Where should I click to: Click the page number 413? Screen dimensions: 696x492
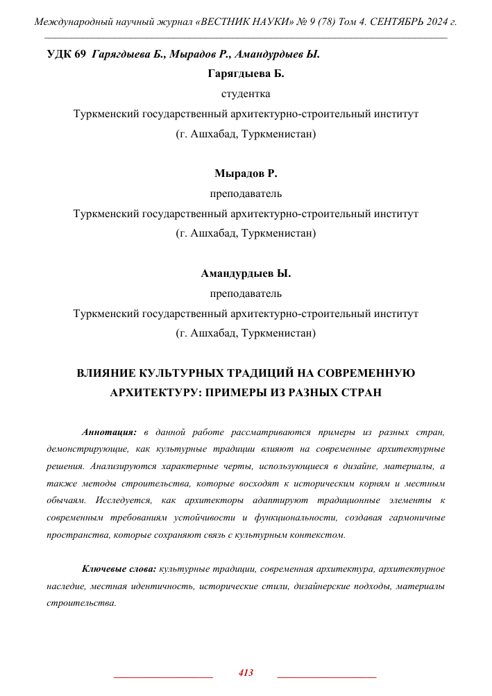point(246,672)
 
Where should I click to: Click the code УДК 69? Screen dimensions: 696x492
point(66,54)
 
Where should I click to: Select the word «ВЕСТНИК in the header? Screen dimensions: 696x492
point(226,22)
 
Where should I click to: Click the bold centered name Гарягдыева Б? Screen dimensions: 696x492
point(246,74)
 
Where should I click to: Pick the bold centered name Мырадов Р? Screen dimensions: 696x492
point(246,173)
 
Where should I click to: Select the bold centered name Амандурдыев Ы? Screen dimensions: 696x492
point(246,273)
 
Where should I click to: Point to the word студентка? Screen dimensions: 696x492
point(246,94)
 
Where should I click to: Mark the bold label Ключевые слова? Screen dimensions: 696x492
point(119,569)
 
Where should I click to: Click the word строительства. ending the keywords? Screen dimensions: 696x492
point(81,603)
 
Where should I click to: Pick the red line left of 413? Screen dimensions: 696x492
point(163,675)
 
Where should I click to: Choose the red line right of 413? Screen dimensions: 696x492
point(326,675)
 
